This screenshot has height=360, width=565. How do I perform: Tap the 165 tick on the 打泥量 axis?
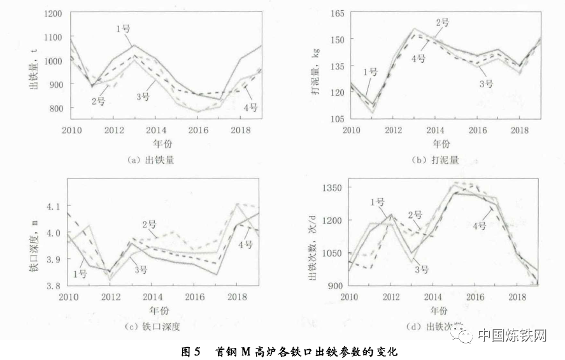click(337, 13)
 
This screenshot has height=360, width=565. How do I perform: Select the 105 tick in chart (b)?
click(337, 119)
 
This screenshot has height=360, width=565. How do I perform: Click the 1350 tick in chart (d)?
click(332, 188)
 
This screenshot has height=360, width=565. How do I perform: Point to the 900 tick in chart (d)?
click(334, 285)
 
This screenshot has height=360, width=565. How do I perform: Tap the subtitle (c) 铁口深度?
click(153, 326)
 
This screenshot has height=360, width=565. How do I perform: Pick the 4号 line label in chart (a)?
click(250, 107)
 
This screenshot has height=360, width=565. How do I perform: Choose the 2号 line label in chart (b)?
click(442, 23)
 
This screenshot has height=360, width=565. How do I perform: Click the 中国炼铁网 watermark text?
click(512, 335)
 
